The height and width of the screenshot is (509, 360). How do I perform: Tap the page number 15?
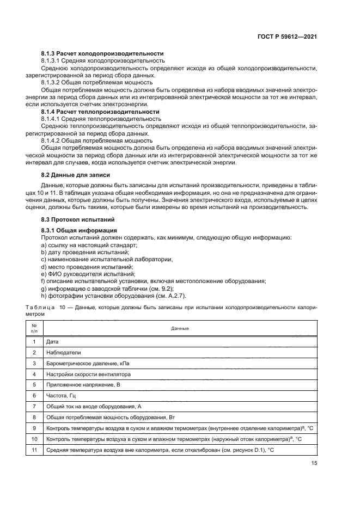click(x=314, y=463)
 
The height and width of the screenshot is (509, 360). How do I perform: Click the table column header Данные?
click(x=180, y=328)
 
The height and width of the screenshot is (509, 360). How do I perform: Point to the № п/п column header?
click(x=34, y=328)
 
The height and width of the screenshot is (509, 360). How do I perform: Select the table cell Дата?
click(x=53, y=341)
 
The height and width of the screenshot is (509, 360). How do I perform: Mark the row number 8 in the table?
click(x=34, y=418)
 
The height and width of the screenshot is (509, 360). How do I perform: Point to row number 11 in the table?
click(x=34, y=450)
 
